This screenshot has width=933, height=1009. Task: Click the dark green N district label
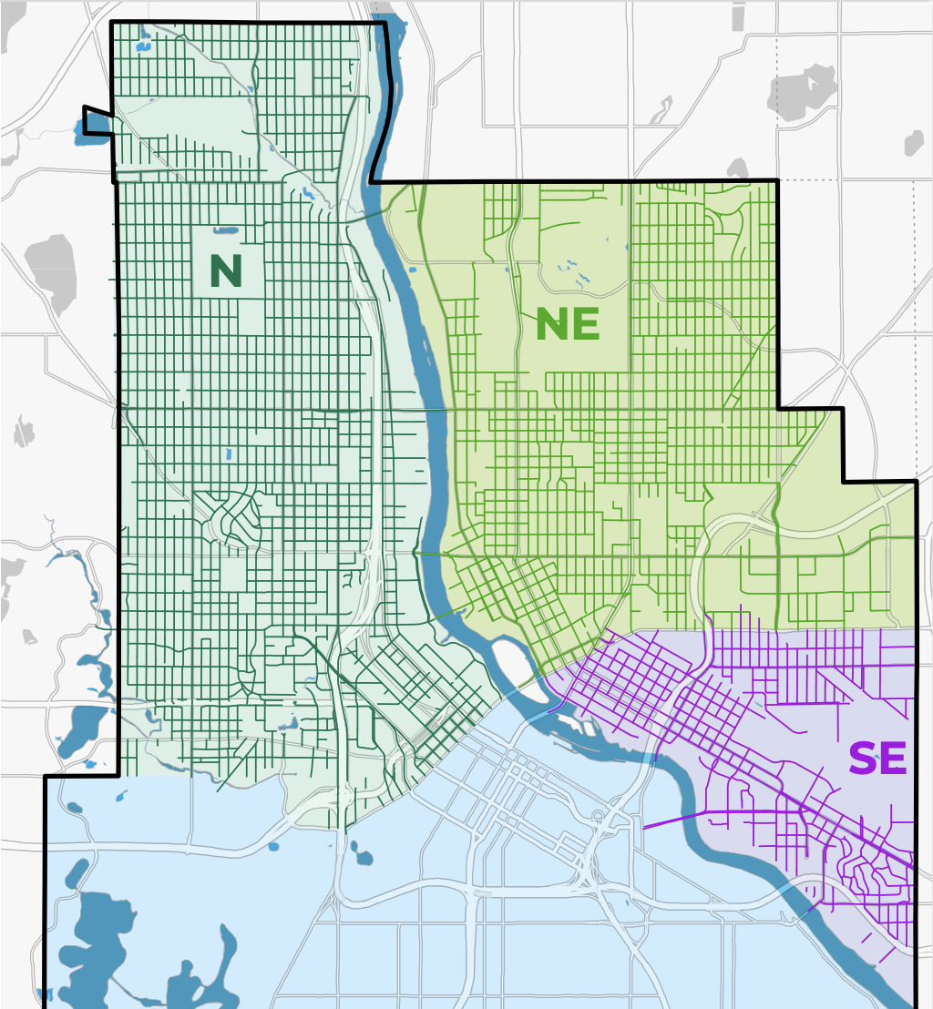pos(226,270)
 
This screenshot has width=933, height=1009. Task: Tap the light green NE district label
pos(567,324)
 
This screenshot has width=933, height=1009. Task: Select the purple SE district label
pos(877,759)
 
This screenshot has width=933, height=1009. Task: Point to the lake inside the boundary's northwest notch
pos(97,122)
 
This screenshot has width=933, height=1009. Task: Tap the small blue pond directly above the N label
pos(225,230)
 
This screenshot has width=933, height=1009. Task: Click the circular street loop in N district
pos(233,520)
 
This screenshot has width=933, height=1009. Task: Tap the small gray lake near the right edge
pos(913,143)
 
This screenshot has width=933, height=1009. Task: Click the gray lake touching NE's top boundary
pos(736,168)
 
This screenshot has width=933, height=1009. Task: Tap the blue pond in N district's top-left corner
pos(143,45)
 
